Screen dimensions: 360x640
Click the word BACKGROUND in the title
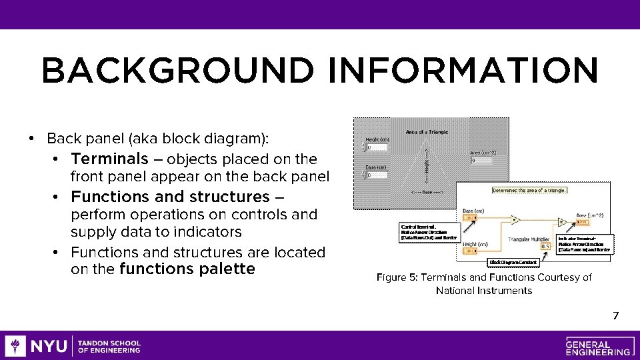177,70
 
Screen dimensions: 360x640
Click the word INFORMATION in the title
463,70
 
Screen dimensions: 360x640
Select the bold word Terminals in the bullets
109,159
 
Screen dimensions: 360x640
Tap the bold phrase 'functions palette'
187,269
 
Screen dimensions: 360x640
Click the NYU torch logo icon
15,346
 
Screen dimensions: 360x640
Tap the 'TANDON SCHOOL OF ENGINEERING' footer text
109,346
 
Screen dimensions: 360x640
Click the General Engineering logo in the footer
597,345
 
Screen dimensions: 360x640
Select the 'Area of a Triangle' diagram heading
427,132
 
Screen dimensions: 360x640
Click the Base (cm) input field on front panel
376,175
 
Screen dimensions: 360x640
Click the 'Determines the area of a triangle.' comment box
529,190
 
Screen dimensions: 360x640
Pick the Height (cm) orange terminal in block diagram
470,251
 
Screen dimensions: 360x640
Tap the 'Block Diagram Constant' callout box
513,262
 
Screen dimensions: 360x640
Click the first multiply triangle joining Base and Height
515,219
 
